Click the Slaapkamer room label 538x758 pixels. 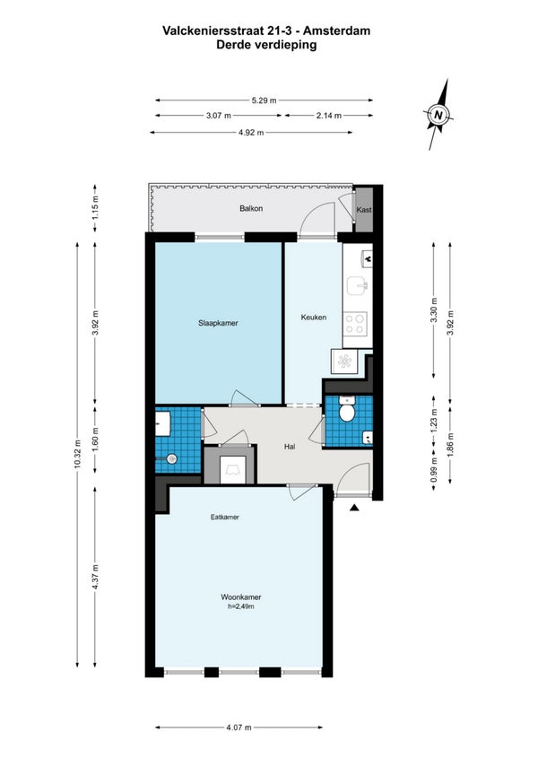coord(218,323)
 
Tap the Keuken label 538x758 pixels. coord(314,318)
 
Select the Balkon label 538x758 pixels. coord(251,208)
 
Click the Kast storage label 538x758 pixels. coord(364,210)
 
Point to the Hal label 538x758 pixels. coord(290,447)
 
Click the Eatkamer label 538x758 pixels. coord(225,517)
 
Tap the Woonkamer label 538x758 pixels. coord(241,597)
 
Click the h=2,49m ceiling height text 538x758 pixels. coord(241,606)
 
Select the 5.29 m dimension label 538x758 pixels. coord(264,100)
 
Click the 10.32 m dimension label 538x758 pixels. coord(77,455)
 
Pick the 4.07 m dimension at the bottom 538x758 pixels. coord(239,728)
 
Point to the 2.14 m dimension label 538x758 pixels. coord(329,116)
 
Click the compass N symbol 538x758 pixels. coord(438,115)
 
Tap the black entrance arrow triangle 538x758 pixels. coord(354,508)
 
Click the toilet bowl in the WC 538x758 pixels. coord(346,411)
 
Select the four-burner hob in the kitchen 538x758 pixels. coord(355,324)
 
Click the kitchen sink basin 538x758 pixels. coord(358,285)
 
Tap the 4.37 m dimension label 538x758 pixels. coord(95,577)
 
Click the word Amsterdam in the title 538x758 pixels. coord(337,30)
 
